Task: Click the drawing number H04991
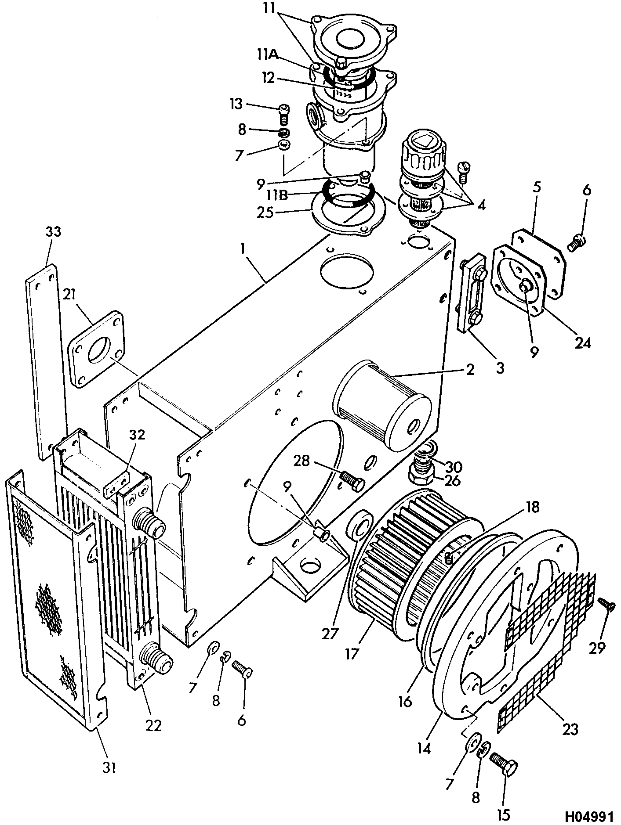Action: coord(588,816)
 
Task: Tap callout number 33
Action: coord(53,232)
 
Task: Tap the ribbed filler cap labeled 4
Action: coord(421,155)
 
